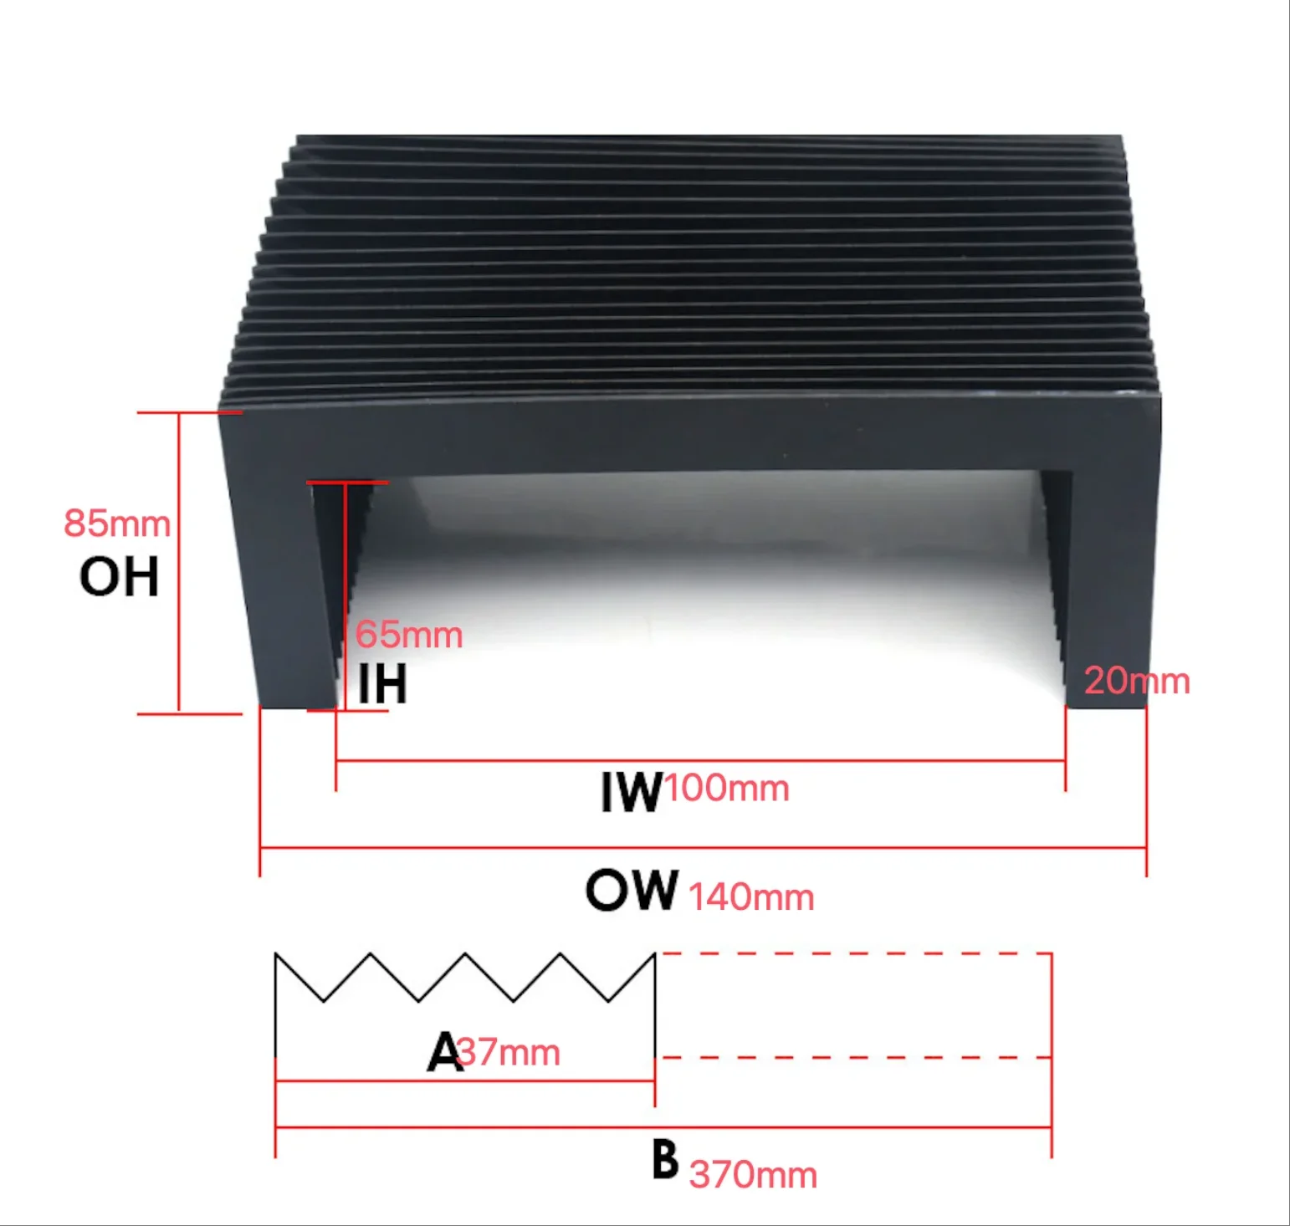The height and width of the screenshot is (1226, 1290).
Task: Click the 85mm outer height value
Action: coord(117,524)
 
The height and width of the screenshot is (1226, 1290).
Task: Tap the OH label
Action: coord(119,576)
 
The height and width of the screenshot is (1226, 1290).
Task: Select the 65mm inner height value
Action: coord(409,635)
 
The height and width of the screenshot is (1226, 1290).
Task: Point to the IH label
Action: coord(382,684)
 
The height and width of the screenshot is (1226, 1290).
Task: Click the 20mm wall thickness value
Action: coord(1137,681)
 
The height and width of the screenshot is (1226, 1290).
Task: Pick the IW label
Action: coord(632,791)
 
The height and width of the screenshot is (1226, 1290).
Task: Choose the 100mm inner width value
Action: coord(727,788)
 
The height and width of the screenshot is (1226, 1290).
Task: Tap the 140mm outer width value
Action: coord(750,897)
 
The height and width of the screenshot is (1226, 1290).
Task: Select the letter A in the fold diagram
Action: coord(443,1051)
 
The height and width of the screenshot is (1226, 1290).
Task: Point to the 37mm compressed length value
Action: coord(509,1052)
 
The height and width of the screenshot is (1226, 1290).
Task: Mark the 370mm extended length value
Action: coord(753,1175)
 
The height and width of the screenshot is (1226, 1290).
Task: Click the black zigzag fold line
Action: coord(464,976)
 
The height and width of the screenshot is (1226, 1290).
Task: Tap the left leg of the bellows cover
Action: coord(280,569)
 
